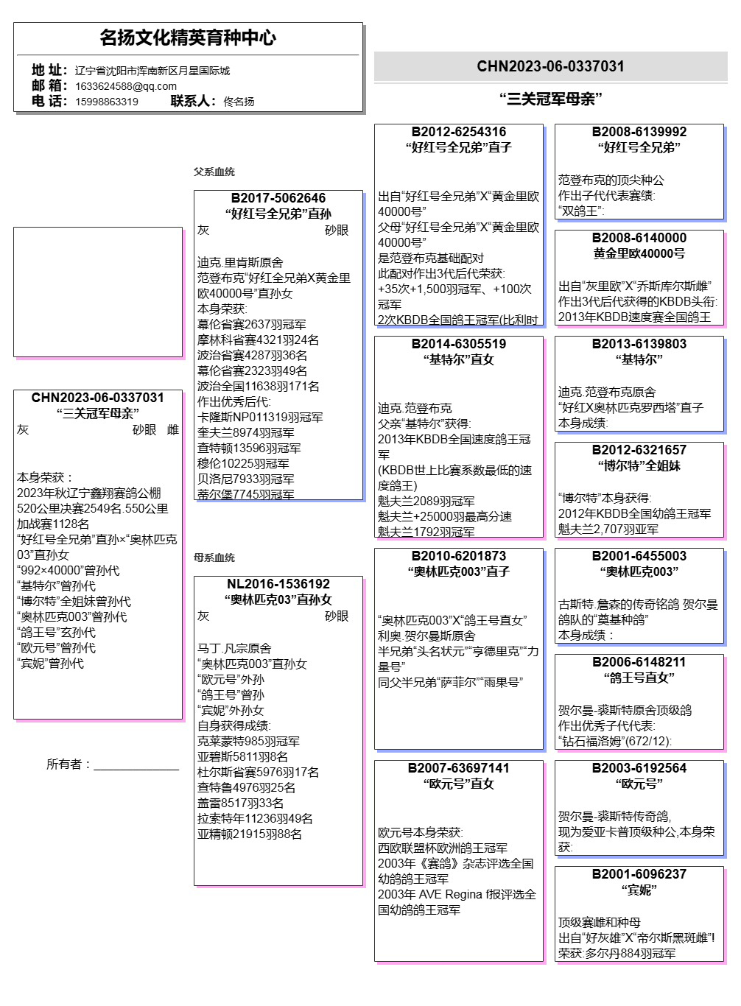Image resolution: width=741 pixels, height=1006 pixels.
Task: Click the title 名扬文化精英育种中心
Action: click(x=188, y=38)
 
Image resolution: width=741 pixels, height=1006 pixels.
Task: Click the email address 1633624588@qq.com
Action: click(x=125, y=86)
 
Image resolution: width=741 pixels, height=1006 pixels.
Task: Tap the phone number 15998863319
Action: click(x=107, y=102)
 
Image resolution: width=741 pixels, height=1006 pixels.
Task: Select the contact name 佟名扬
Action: click(x=239, y=102)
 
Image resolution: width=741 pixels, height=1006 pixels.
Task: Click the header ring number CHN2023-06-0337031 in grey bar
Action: click(x=550, y=66)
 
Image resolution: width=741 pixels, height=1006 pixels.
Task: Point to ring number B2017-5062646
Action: click(x=278, y=198)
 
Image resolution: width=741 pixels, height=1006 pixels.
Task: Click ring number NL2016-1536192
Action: click(x=278, y=584)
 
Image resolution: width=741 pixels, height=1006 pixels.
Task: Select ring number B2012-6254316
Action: click(x=458, y=132)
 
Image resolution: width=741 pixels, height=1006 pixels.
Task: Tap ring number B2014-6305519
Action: click(x=458, y=344)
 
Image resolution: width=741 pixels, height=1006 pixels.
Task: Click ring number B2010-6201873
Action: click(x=458, y=556)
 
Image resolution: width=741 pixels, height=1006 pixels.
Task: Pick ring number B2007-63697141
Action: click(x=458, y=768)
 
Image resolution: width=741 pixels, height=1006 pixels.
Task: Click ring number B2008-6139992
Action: click(x=639, y=132)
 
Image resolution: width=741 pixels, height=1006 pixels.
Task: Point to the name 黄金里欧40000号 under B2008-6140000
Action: click(x=639, y=253)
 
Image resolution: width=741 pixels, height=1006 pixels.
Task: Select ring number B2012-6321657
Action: click(x=639, y=450)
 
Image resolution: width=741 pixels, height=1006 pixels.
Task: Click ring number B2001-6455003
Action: click(x=639, y=556)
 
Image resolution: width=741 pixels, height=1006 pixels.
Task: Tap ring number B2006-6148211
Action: click(x=639, y=662)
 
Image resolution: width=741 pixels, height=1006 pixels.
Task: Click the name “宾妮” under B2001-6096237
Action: click(x=639, y=890)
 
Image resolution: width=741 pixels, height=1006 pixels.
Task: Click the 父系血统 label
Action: click(x=214, y=172)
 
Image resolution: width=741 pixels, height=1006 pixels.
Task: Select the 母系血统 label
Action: click(x=214, y=557)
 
